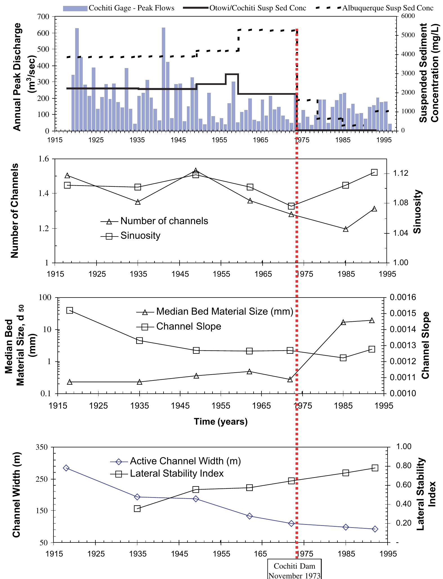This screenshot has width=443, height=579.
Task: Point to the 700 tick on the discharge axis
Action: click(45, 17)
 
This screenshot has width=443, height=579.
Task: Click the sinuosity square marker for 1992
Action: click(374, 172)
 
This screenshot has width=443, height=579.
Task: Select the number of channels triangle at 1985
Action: click(346, 229)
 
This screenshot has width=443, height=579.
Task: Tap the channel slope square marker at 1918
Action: click(70, 310)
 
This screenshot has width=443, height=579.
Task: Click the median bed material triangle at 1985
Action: click(343, 322)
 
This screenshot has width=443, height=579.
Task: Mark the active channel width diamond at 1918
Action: click(66, 468)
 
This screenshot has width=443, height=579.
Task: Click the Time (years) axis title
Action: click(221, 422)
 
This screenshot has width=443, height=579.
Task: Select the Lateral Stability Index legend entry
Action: click(177, 474)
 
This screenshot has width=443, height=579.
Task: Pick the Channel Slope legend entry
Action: click(189, 326)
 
